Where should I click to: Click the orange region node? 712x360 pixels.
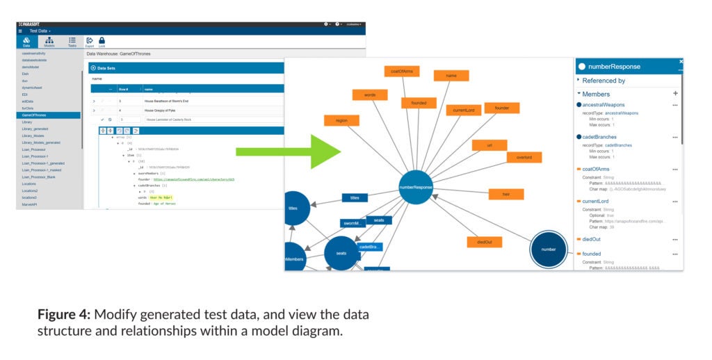341,120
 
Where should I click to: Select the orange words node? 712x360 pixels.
369,95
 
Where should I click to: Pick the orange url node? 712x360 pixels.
489,145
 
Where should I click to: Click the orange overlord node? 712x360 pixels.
524,157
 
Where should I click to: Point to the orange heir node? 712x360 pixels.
506,194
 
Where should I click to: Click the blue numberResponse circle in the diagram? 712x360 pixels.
416,187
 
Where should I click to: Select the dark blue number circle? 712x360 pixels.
549,249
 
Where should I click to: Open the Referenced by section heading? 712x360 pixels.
603,81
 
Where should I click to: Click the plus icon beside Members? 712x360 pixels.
675,94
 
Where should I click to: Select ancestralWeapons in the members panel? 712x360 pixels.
604,105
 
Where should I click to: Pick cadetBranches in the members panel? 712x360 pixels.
599,137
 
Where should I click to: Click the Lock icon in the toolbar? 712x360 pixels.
102,42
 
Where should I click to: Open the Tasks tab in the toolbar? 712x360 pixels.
72,42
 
